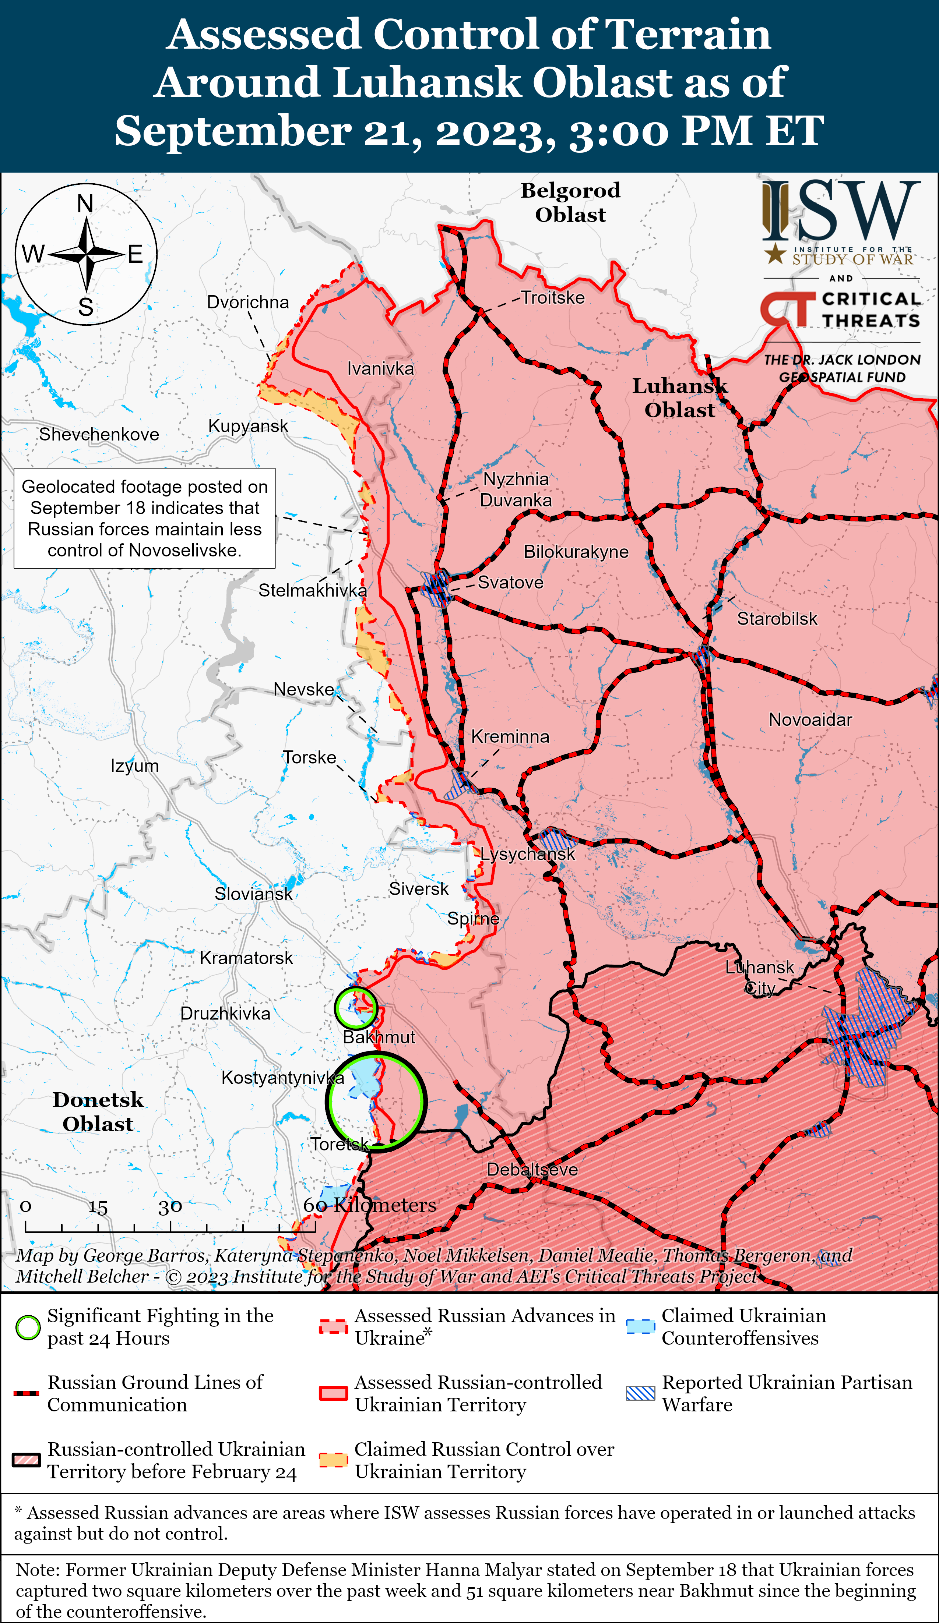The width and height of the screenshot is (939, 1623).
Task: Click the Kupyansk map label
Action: pyautogui.click(x=248, y=426)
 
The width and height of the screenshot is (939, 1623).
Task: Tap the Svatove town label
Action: pyautogui.click(x=510, y=583)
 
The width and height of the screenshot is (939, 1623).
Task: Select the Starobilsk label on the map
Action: pyautogui.click(x=777, y=619)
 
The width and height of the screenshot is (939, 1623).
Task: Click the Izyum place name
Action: pyautogui.click(x=134, y=766)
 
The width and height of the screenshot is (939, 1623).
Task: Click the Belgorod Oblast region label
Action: pyautogui.click(x=570, y=202)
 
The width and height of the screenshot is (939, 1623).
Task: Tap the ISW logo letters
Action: pyautogui.click(x=841, y=211)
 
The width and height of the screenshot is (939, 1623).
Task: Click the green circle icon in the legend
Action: pyautogui.click(x=28, y=1328)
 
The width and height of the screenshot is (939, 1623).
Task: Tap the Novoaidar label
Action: pyautogui.click(x=810, y=720)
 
